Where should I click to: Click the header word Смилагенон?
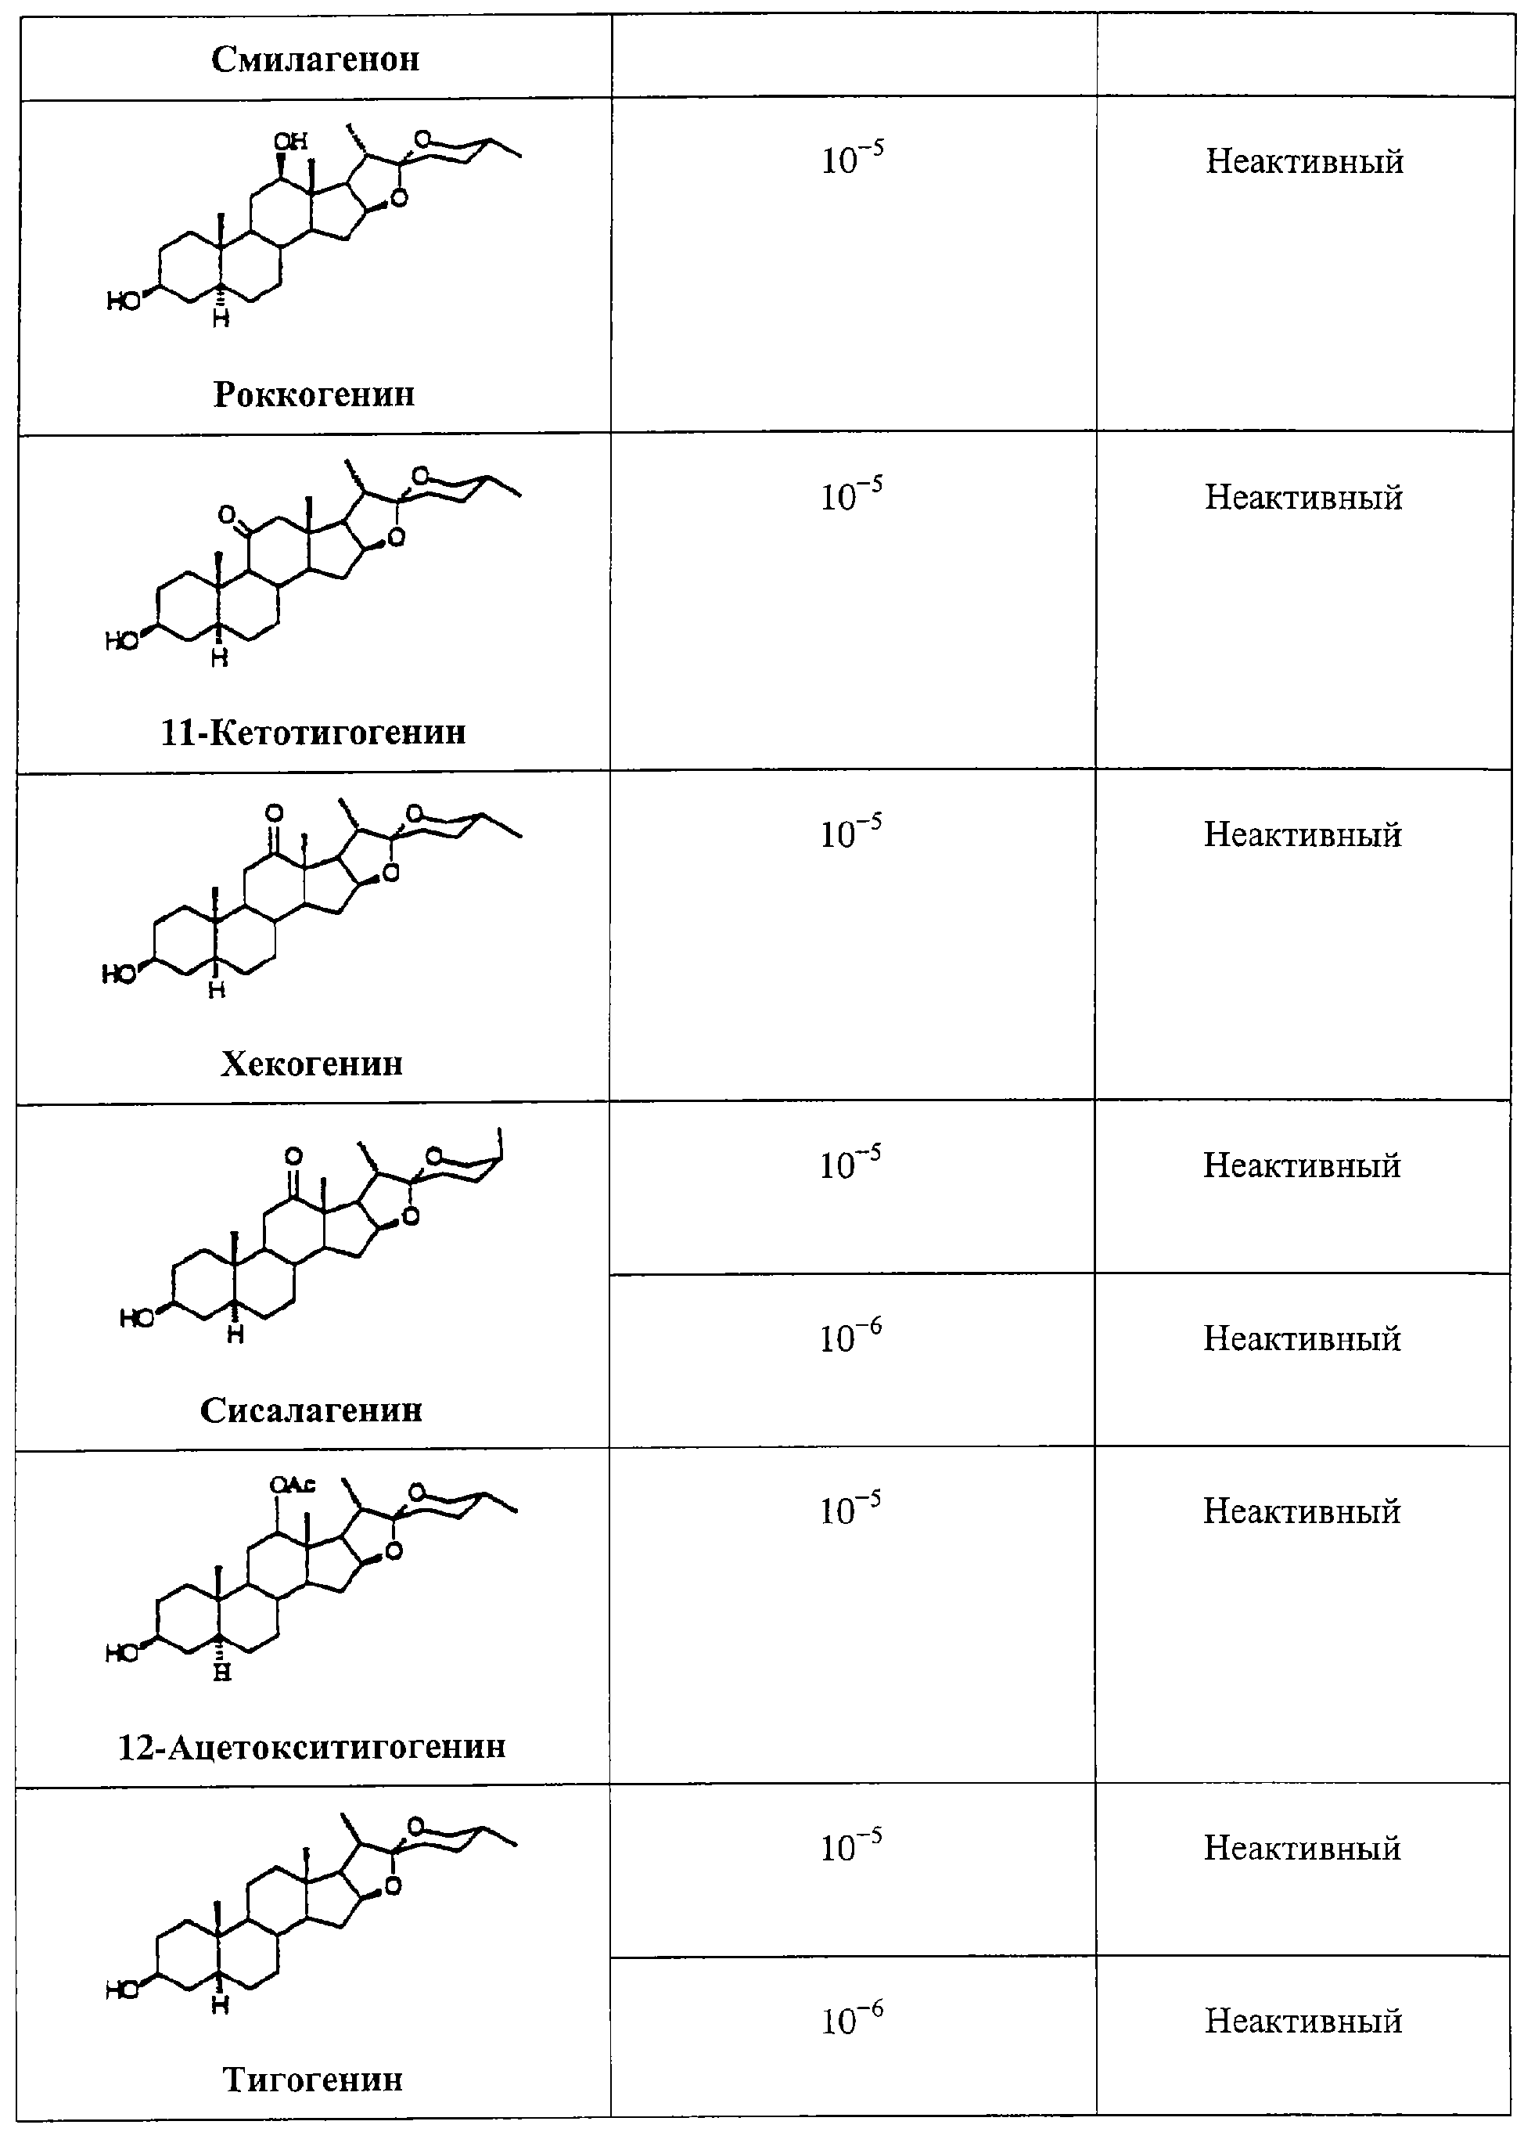pyautogui.click(x=315, y=59)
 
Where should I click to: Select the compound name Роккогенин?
pyautogui.click(x=314, y=394)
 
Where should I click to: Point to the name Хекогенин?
pyautogui.click(x=311, y=1063)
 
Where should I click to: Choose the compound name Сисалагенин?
pyautogui.click(x=311, y=1410)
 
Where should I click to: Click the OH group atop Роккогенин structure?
pyautogui.click(x=291, y=141)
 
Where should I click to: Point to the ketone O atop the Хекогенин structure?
pyautogui.click(x=274, y=813)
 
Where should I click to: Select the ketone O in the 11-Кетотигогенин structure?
pyautogui.click(x=226, y=514)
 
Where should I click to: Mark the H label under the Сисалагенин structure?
pyautogui.click(x=235, y=1334)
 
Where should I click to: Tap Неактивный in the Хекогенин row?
pyautogui.click(x=1303, y=834)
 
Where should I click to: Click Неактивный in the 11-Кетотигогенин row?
pyautogui.click(x=1303, y=497)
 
